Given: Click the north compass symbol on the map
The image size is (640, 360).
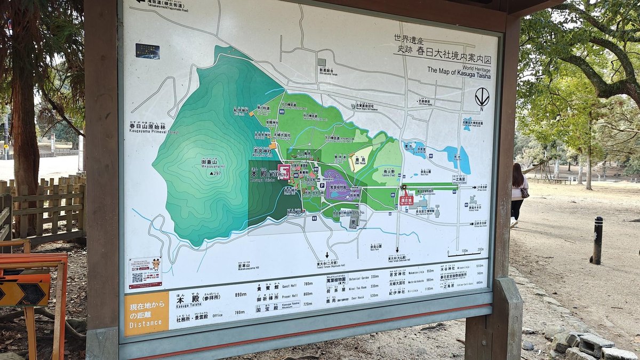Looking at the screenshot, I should pos(482,97).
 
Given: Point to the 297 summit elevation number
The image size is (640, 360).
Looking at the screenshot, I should pos(215,173).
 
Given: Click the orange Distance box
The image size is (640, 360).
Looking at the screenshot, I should pos(146,314).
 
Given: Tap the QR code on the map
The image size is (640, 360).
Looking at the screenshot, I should pos(138,277).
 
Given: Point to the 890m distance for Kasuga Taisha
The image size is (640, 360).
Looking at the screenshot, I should pos(240,295).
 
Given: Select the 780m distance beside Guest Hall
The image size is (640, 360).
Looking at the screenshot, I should pos(308,284).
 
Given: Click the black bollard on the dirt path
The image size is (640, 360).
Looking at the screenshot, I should pos(597,241).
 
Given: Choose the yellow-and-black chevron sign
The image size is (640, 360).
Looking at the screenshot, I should pos(24,294).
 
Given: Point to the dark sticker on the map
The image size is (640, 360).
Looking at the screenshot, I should pos(147,51).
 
